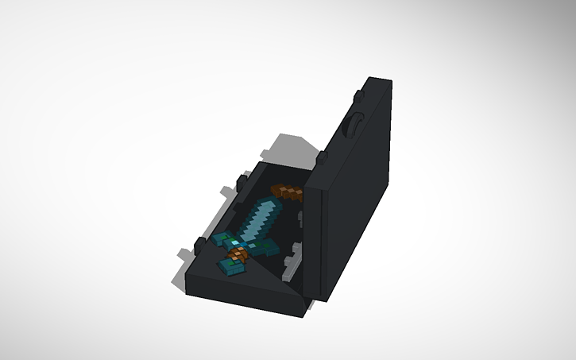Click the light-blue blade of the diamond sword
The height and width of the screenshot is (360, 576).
click(x=259, y=219)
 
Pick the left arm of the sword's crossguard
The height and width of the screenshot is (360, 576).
click(x=222, y=238)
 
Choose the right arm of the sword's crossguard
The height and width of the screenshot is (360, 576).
click(x=266, y=250)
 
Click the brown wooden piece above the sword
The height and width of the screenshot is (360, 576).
click(x=287, y=193)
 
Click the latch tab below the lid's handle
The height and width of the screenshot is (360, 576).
click(x=321, y=159)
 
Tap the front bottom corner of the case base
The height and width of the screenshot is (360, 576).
click(x=303, y=311)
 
